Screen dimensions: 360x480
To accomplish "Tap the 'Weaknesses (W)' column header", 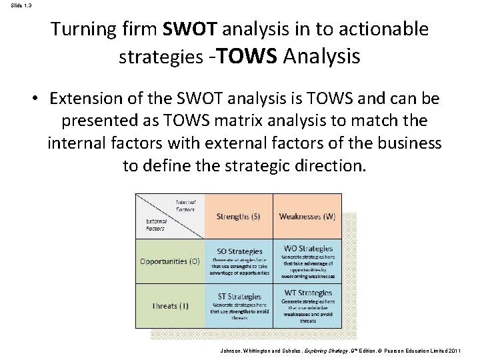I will pyautogui.click(x=307, y=216).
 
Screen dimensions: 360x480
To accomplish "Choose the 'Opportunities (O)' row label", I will pyautogui.click(x=169, y=261).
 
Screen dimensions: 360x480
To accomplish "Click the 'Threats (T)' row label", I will pyautogui.click(x=169, y=305).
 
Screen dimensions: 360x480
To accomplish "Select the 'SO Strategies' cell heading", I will pyautogui.click(x=239, y=251).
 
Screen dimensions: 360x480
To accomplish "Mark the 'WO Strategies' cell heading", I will pyautogui.click(x=307, y=249).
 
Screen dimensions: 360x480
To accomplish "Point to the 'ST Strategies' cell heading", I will pyautogui.click(x=239, y=295).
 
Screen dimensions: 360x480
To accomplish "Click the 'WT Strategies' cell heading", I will pyautogui.click(x=307, y=293).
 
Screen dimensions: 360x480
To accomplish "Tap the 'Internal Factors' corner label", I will pyautogui.click(x=185, y=205).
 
